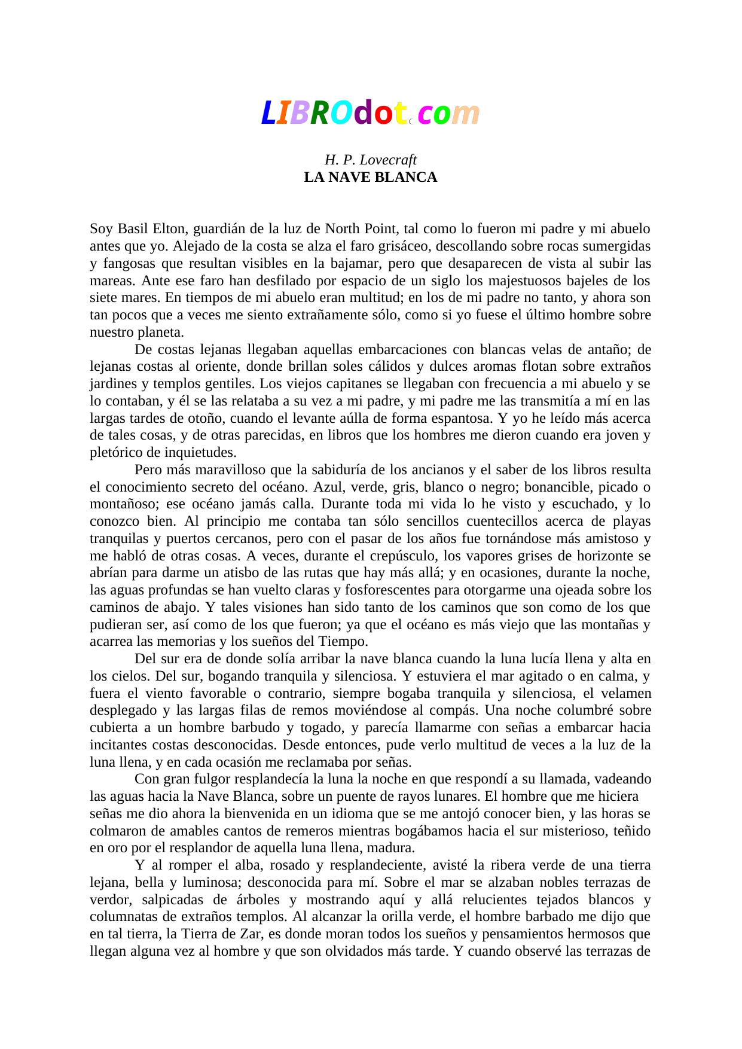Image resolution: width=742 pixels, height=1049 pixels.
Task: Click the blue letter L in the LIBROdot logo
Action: (268, 114)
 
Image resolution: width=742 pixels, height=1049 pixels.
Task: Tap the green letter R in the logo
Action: (319, 114)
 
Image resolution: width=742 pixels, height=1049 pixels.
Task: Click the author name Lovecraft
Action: (385, 160)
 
